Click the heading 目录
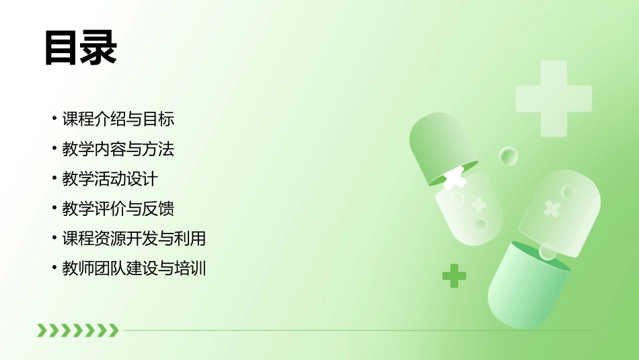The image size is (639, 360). click(80, 48)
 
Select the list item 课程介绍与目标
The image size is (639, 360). click(118, 119)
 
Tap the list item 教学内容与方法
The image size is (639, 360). click(118, 149)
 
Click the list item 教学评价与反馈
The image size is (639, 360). click(118, 209)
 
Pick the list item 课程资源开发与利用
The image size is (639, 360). click(133, 238)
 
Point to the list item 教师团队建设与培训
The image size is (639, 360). click(133, 268)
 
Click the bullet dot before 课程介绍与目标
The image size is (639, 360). click(54, 120)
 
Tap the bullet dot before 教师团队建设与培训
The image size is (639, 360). click(54, 269)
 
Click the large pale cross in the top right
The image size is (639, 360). click(554, 98)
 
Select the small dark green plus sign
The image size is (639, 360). click(454, 275)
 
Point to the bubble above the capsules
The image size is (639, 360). click(509, 156)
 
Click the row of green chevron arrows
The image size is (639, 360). click(77, 330)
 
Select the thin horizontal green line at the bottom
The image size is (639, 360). click(356, 330)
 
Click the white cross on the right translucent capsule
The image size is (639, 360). click(552, 209)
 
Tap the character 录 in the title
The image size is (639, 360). click(98, 48)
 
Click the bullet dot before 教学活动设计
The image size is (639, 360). click(54, 180)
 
